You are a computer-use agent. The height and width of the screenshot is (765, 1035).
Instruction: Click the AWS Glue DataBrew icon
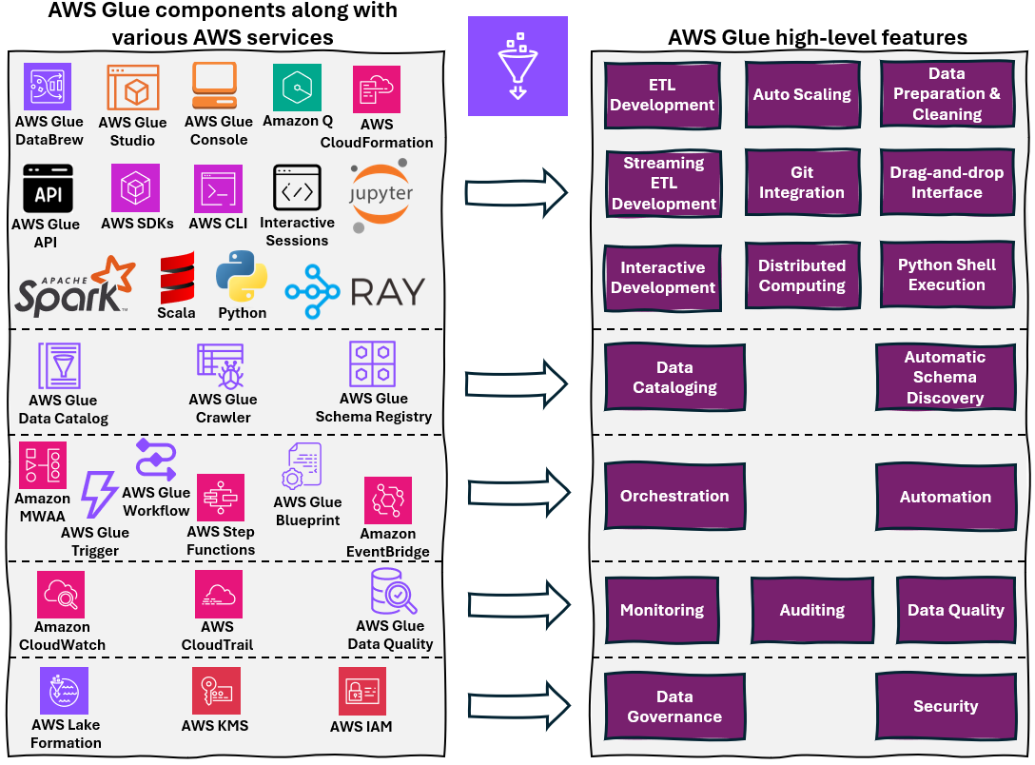click(48, 88)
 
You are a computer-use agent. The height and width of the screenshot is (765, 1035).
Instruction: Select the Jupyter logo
click(381, 196)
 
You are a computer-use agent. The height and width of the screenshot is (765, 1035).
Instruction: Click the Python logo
click(242, 277)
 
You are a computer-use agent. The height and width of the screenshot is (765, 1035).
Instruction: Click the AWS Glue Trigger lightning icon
click(98, 495)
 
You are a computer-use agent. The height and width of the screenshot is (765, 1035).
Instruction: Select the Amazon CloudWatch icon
click(61, 595)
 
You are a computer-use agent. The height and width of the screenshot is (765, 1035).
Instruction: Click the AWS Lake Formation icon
click(65, 691)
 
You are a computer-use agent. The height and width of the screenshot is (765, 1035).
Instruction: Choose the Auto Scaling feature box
click(801, 94)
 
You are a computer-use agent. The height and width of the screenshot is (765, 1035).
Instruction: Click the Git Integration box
click(801, 182)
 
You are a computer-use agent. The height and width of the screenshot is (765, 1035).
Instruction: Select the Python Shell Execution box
click(946, 275)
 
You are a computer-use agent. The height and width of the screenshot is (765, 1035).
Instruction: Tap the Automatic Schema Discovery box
click(944, 377)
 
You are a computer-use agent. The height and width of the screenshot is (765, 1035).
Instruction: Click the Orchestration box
click(674, 497)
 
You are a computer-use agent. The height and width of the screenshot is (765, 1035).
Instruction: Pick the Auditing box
click(811, 611)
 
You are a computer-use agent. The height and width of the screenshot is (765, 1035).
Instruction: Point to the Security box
click(945, 706)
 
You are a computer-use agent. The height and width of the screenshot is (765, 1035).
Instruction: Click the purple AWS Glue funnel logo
click(517, 66)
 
